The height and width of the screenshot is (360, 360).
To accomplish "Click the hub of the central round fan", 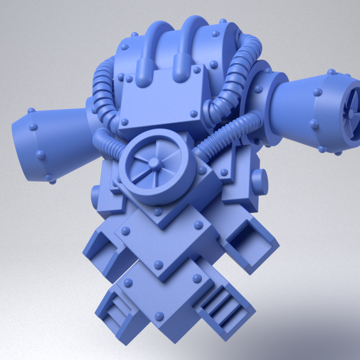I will pos(154,163).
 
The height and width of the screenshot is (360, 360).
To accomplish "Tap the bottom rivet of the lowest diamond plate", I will pos(159,316).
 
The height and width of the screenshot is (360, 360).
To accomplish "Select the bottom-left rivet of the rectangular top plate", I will pos(125,121).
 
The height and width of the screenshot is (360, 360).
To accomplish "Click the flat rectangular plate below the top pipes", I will pos(162,97).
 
